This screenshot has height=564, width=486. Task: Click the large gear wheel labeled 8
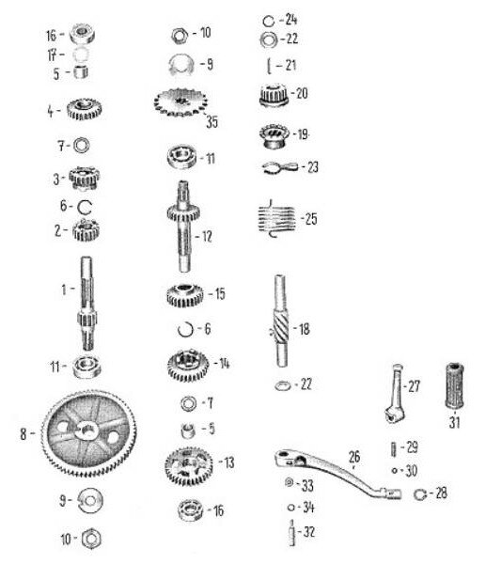88,433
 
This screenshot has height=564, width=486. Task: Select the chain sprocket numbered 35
180,102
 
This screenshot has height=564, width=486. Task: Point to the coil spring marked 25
277,218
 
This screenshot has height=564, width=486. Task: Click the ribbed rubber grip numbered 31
454,386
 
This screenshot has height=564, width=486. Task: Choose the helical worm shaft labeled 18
281,321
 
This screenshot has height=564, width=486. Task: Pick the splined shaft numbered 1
86,304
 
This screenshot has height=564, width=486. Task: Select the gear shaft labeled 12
183,227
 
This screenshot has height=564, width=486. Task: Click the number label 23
313,167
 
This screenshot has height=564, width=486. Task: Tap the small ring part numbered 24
268,21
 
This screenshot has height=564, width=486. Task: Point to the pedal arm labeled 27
396,392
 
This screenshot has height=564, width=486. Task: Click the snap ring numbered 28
419,494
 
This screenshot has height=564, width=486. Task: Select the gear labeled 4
85,109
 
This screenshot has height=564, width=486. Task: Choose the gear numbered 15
184,295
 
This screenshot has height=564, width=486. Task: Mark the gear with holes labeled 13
189,466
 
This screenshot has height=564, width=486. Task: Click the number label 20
302,93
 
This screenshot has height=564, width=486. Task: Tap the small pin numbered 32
291,533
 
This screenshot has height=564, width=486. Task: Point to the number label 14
225,363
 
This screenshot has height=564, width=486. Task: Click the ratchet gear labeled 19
274,135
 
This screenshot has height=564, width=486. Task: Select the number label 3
56,179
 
